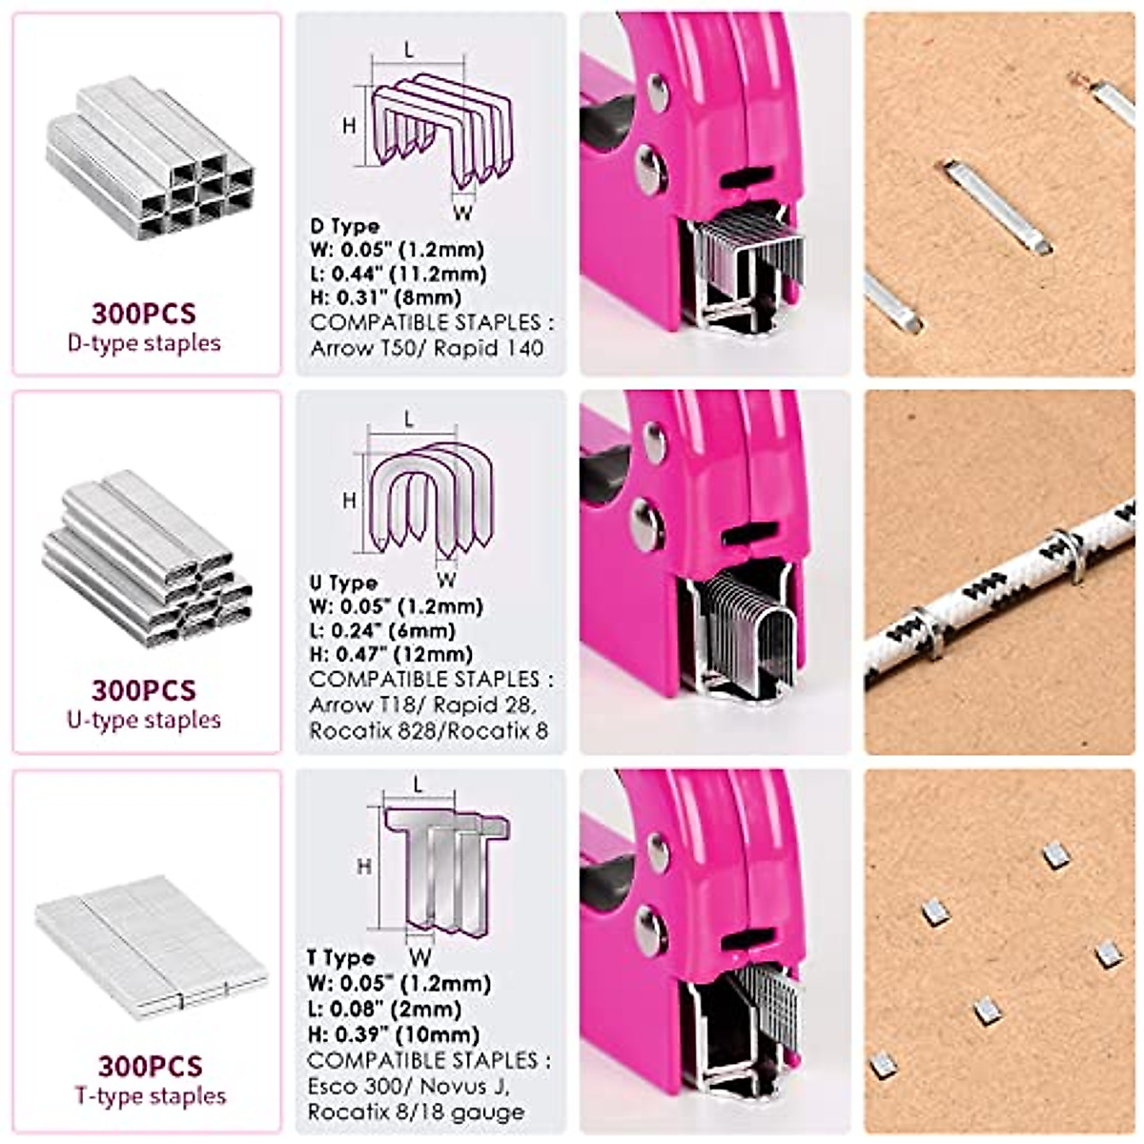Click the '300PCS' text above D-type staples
(144, 313)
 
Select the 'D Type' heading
(344, 226)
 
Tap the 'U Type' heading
(342, 582)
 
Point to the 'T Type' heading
(340, 958)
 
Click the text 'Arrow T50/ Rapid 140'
(426, 348)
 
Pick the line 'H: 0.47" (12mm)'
(390, 655)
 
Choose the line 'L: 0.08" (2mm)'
(384, 1009)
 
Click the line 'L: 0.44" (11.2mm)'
(398, 275)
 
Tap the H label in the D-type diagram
(349, 125)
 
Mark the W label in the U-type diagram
(445, 579)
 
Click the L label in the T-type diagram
(418, 785)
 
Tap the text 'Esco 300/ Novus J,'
(410, 1086)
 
